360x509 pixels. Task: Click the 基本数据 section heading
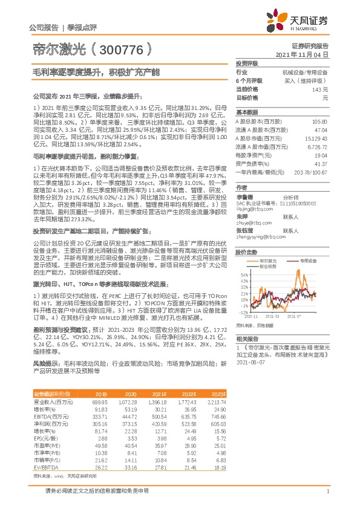pos(247,112)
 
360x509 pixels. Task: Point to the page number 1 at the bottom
pos(327,491)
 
